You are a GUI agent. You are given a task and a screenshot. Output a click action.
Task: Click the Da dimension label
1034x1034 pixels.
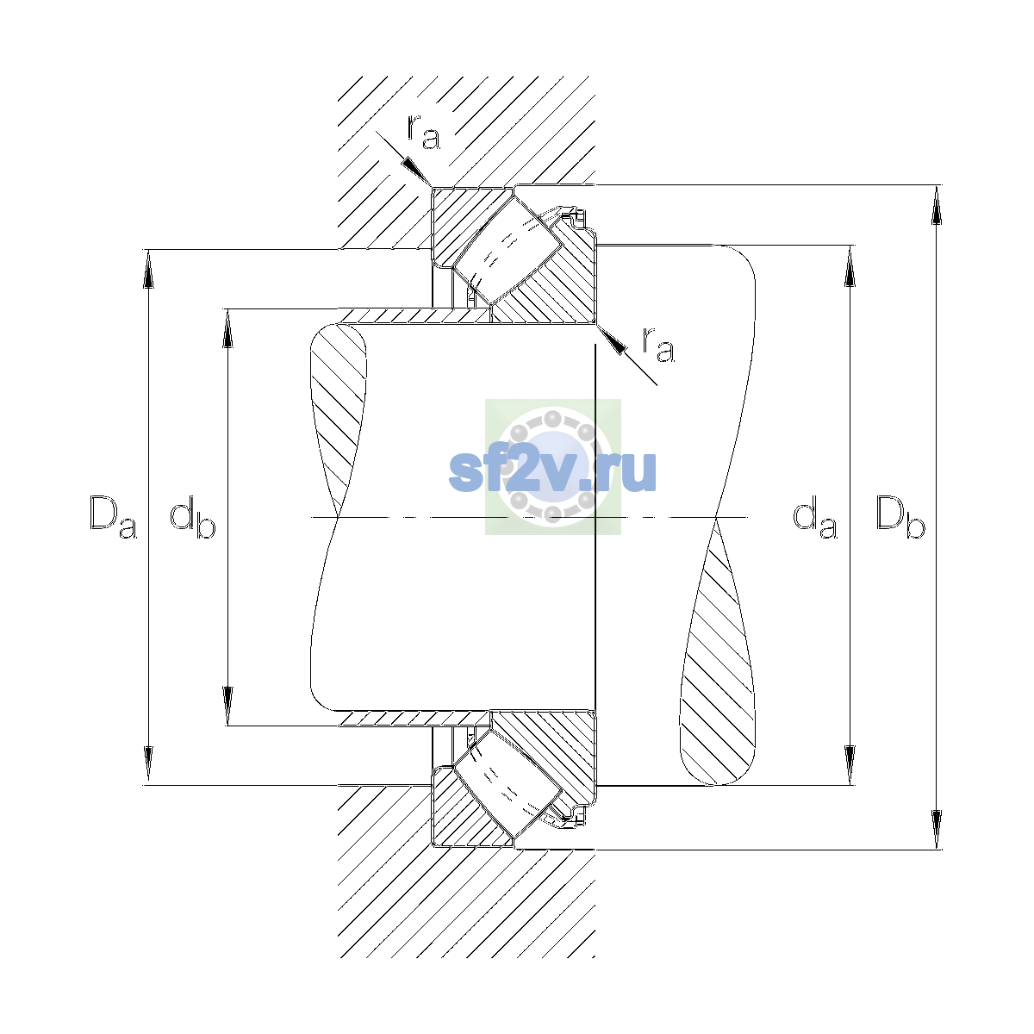click(113, 517)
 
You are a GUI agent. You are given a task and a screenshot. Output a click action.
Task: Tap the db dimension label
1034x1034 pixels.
click(193, 517)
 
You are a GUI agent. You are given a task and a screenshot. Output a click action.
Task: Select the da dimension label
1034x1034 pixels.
click(815, 517)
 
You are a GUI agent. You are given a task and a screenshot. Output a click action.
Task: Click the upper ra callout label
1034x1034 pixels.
click(423, 132)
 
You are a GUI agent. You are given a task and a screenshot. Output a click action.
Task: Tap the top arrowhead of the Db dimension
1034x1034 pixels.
click(937, 204)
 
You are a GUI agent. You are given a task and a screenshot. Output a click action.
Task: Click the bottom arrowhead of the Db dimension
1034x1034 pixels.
click(937, 830)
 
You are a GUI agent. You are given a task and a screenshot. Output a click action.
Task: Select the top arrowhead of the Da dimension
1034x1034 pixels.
click(148, 269)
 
